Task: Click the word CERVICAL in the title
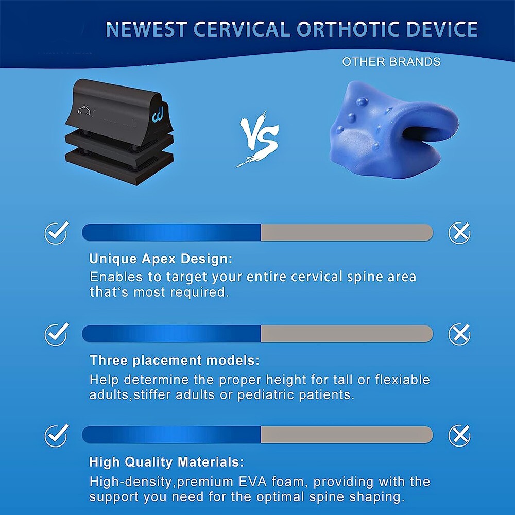tap(244, 29)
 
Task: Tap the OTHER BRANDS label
tap(391, 62)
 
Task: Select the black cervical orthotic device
tap(119, 131)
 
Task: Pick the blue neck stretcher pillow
tap(394, 129)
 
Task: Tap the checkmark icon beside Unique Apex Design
tap(57, 233)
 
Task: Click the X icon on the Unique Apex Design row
tap(459, 233)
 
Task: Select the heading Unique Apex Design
tap(161, 259)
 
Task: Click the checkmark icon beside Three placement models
tap(57, 334)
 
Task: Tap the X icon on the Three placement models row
tap(459, 334)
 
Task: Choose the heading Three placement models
tap(175, 360)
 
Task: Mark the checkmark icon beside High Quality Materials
tap(57, 436)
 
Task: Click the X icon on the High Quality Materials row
tap(459, 436)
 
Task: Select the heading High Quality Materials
tap(166, 462)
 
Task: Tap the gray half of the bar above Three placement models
tap(347, 334)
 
